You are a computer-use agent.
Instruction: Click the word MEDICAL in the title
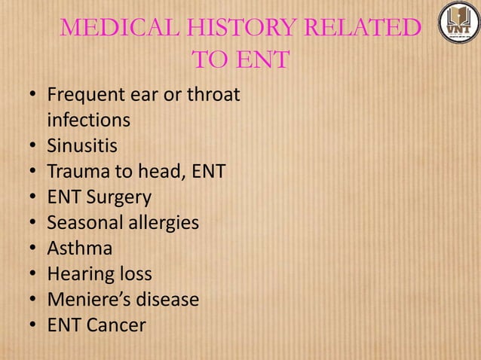pyautogui.click(x=117, y=29)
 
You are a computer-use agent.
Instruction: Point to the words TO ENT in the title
pyautogui.click(x=240, y=59)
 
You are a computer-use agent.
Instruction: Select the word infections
pyautogui.click(x=88, y=121)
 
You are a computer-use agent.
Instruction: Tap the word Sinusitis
pyautogui.click(x=82, y=146)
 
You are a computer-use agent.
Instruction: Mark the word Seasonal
pyautogui.click(x=83, y=223)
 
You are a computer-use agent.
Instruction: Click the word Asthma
pyautogui.click(x=79, y=249)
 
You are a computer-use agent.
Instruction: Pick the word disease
pyautogui.click(x=166, y=300)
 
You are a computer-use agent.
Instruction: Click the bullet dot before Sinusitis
pyautogui.click(x=33, y=147)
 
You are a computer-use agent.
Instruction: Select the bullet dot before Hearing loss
pyautogui.click(x=33, y=275)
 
